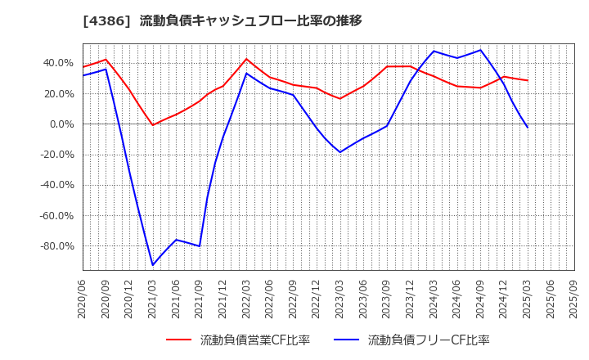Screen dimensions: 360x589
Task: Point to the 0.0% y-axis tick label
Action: pyautogui.click(x=63, y=124)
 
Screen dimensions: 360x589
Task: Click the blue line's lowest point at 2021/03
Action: pyautogui.click(x=152, y=265)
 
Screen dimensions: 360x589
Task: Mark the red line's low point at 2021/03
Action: pyautogui.click(x=152, y=125)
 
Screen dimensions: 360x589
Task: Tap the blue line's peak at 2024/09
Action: pyautogui.click(x=481, y=50)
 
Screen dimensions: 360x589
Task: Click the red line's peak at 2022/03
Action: pyautogui.click(x=246, y=59)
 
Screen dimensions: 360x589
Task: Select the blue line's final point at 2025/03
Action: pyautogui.click(x=528, y=127)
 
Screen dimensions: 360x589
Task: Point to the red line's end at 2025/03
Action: pyautogui.click(x=528, y=80)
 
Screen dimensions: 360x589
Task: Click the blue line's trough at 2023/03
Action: pyautogui.click(x=340, y=152)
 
